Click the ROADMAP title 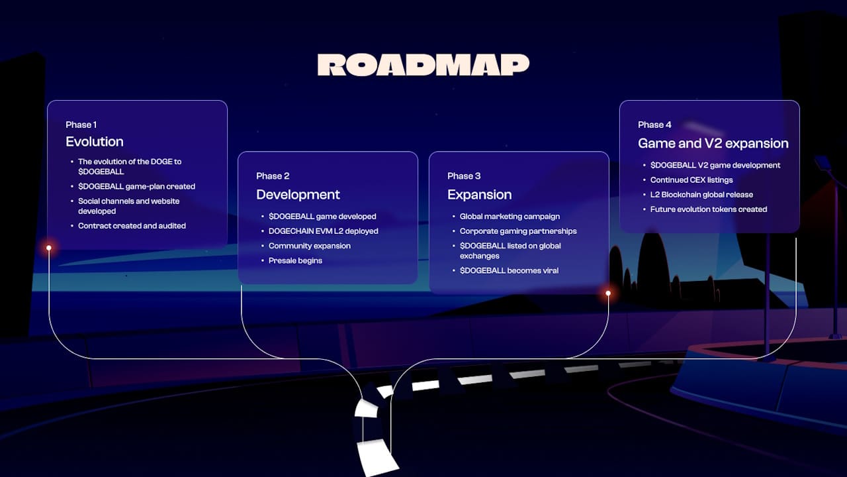pyautogui.click(x=423, y=65)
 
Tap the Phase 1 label pyautogui.click(x=81, y=125)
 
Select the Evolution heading pyautogui.click(x=95, y=142)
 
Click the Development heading pyautogui.click(x=298, y=195)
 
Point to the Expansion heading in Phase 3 pyautogui.click(x=479, y=195)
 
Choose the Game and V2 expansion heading pyautogui.click(x=713, y=143)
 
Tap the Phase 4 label pyautogui.click(x=654, y=125)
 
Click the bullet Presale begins pyautogui.click(x=295, y=260)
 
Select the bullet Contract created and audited pyautogui.click(x=132, y=226)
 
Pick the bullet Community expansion pyautogui.click(x=309, y=246)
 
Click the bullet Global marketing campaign pyautogui.click(x=510, y=217)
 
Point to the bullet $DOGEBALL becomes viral pyautogui.click(x=509, y=270)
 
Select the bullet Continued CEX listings pyautogui.click(x=691, y=180)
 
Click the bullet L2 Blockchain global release pyautogui.click(x=701, y=195)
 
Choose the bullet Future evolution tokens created pyautogui.click(x=708, y=209)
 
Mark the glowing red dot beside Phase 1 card pyautogui.click(x=49, y=248)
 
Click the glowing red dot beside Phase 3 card pyautogui.click(x=608, y=292)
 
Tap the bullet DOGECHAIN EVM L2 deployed pyautogui.click(x=323, y=231)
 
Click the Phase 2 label pyautogui.click(x=273, y=176)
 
